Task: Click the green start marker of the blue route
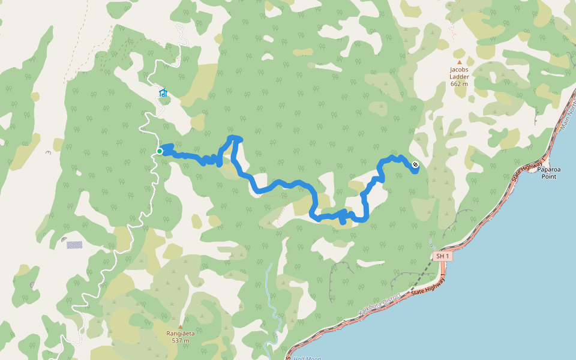point(160,151)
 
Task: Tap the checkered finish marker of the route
point(415,164)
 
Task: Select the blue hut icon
point(163,92)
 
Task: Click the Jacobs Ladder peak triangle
point(460,62)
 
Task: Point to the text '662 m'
point(459,83)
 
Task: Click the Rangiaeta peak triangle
point(180,326)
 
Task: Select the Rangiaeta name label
point(180,334)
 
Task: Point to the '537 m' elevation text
point(180,341)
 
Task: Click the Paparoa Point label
point(549,173)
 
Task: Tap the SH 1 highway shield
point(442,256)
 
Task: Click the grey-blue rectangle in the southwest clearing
point(74,245)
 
